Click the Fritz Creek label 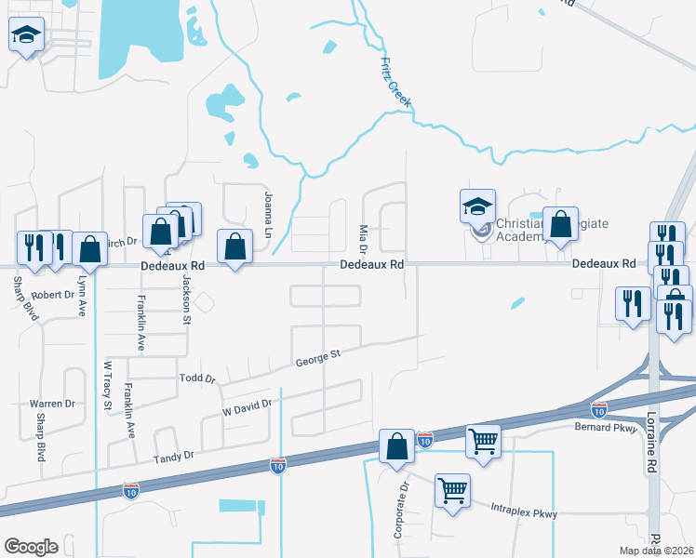point(395,83)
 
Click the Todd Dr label point(197,379)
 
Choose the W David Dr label point(247,406)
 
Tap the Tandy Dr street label point(175,456)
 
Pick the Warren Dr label point(51,404)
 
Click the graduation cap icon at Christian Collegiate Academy point(477,206)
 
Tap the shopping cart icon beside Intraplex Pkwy point(452,491)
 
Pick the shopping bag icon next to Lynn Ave point(89,249)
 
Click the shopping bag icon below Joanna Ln point(234,246)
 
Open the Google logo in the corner point(31,547)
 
